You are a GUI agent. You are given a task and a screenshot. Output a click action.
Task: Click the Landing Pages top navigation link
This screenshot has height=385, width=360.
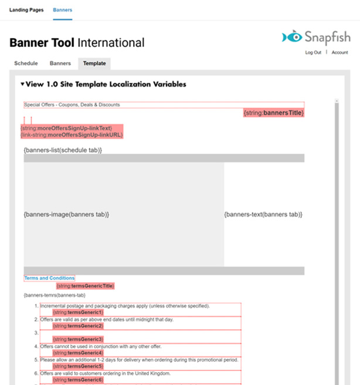point(26,11)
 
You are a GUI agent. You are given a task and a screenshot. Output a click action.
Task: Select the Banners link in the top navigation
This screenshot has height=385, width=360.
point(62,11)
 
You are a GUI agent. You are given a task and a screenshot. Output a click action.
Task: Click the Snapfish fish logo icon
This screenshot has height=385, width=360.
point(291,38)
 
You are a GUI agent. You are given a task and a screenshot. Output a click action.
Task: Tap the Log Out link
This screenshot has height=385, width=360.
point(313,53)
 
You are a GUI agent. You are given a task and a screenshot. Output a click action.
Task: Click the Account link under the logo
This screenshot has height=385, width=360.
point(339,53)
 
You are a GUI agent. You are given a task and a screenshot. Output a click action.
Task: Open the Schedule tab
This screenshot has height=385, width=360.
point(26,63)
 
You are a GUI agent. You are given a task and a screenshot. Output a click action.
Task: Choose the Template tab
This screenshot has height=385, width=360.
point(94,63)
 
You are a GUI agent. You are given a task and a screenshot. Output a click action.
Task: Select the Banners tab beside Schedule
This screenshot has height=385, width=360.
point(60,63)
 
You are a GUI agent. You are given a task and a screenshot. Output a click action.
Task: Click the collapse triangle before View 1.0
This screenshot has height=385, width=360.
point(22,85)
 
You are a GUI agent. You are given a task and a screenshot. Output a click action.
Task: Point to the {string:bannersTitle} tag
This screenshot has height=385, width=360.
point(274,112)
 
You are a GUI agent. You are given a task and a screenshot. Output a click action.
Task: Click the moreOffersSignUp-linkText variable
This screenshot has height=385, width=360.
point(66,128)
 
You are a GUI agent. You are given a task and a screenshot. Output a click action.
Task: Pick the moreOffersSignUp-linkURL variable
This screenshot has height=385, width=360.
point(72,134)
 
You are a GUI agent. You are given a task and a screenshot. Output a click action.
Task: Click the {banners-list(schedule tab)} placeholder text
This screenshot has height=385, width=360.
point(63,150)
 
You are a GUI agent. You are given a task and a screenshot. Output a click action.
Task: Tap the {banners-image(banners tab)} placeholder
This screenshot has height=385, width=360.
point(66,215)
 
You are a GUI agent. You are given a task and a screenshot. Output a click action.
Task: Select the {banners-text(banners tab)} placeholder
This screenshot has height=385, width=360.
point(263,215)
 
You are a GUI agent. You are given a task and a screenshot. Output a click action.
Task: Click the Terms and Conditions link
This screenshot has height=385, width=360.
point(49,278)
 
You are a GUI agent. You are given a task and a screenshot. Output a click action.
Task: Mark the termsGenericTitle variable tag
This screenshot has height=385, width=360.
point(85,286)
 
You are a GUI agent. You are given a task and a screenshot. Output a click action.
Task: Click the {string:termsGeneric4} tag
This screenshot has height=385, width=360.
point(78,353)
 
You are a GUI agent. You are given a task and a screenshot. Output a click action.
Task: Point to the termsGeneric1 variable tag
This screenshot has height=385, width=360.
point(78,312)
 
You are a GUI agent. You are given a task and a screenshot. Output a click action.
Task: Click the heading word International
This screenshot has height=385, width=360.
point(111,43)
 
